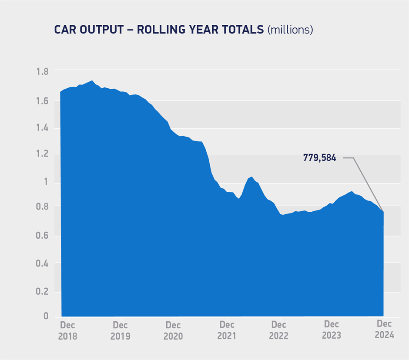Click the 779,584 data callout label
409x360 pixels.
[319, 158]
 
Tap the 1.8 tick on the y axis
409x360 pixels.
[42, 71]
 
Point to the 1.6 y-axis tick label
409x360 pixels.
[42, 101]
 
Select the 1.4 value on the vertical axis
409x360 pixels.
[42, 128]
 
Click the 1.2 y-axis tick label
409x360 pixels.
[42, 155]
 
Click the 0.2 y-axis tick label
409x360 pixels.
[42, 291]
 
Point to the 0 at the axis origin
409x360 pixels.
[46, 316]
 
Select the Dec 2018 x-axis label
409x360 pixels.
[67, 330]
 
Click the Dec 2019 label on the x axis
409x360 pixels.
[120, 330]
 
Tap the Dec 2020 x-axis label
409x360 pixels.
[173, 330]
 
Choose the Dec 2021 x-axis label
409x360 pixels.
[227, 330]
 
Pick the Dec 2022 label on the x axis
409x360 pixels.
[279, 330]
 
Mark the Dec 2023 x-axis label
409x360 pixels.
[332, 330]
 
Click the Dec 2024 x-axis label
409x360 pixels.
[385, 330]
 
